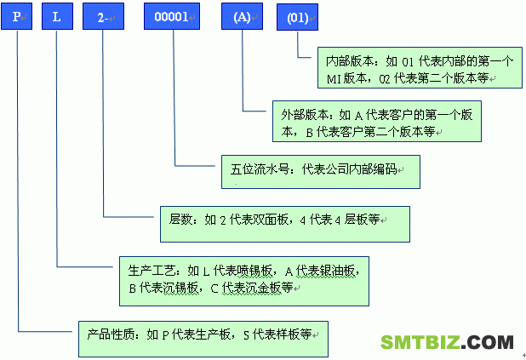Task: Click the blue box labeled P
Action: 16,16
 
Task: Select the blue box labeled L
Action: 57,16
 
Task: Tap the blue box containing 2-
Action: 103,16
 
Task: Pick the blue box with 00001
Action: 172,16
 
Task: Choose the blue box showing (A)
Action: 242,16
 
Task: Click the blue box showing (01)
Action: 297,17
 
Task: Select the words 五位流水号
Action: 260,169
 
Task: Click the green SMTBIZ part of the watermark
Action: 420,342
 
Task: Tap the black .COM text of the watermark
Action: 487,342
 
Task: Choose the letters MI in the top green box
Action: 334,79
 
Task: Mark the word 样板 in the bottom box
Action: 287,334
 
